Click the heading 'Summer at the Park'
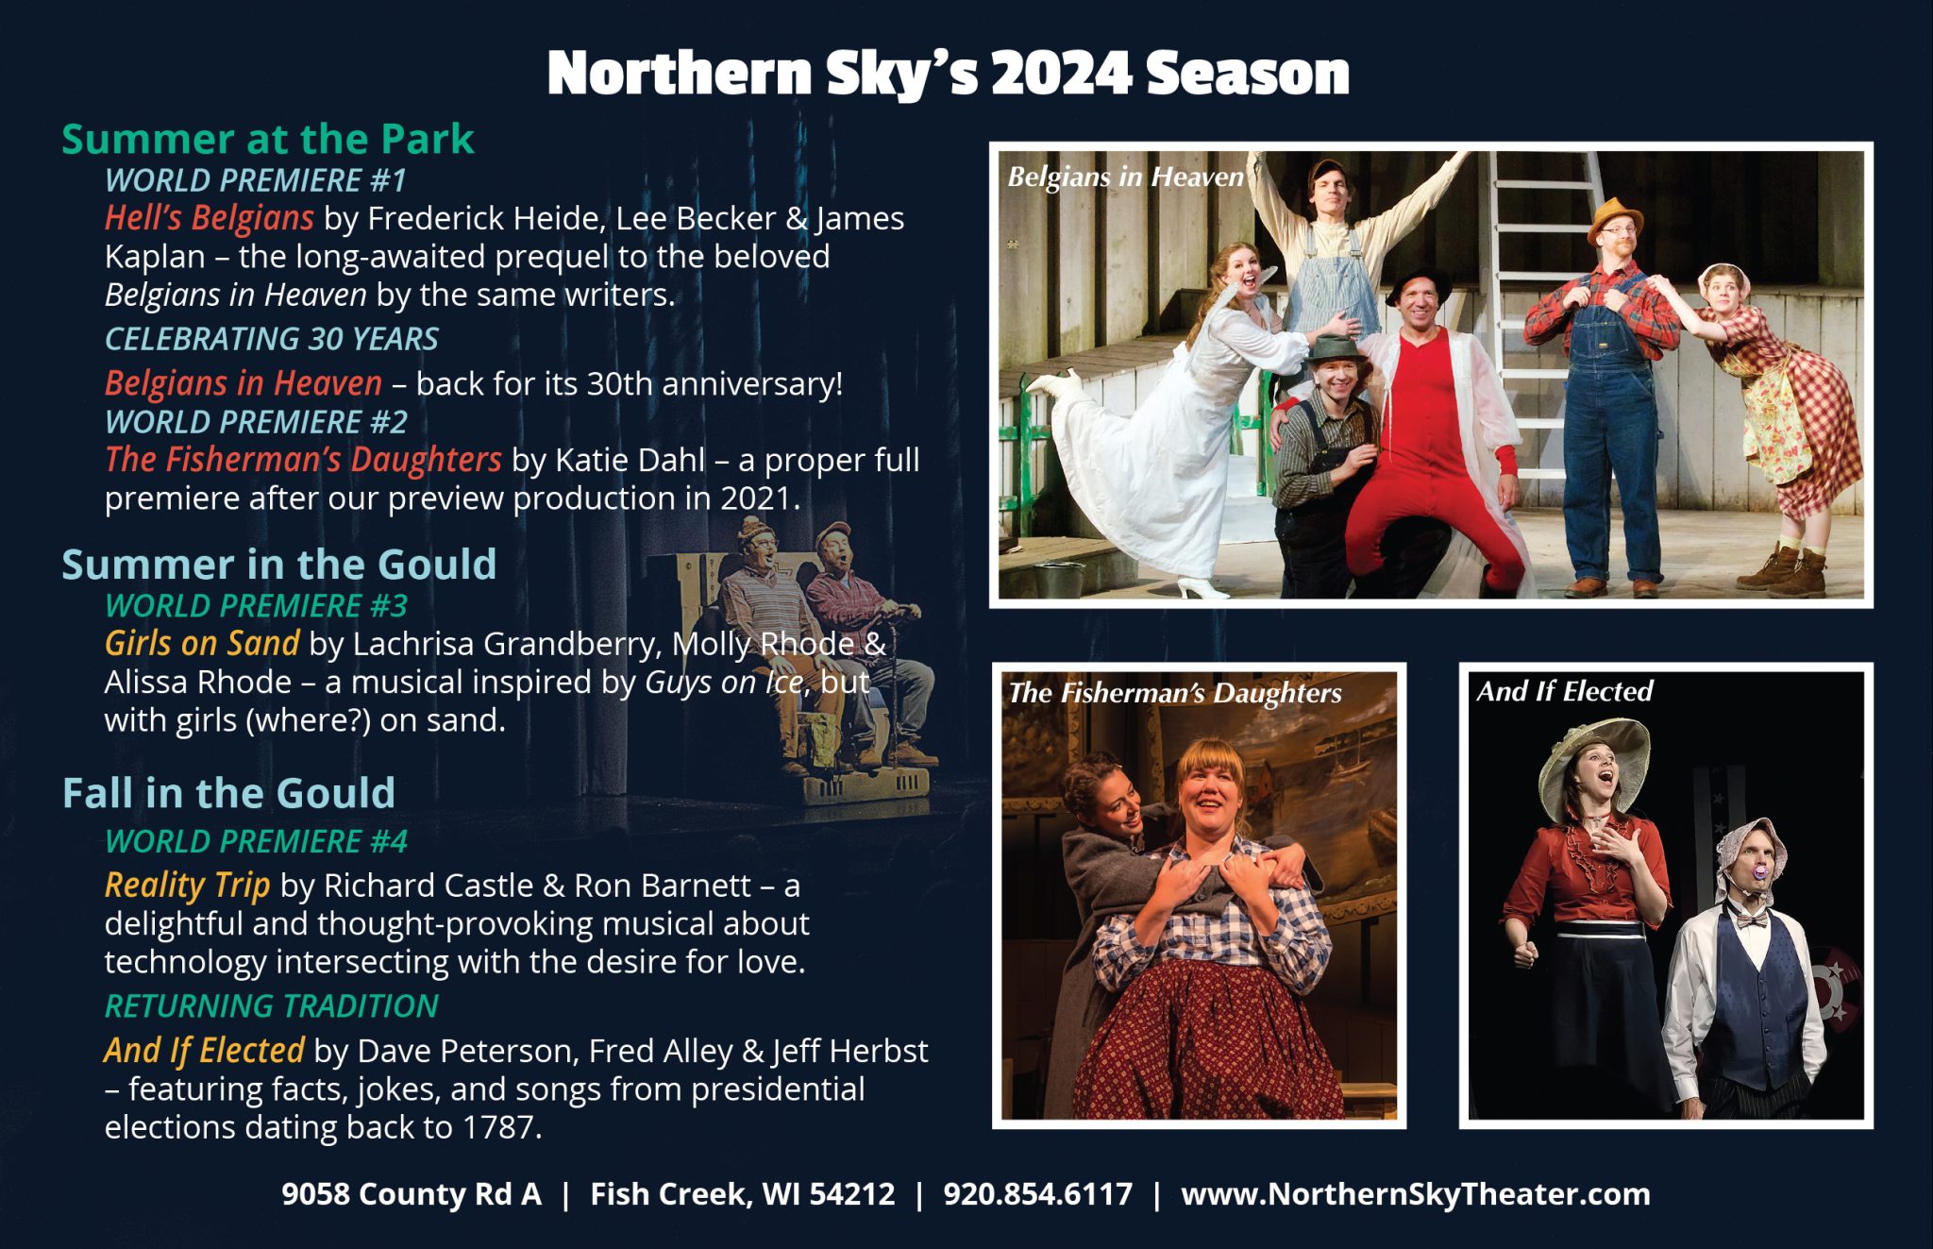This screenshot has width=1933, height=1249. click(x=267, y=140)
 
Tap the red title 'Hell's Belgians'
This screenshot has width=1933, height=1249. click(x=209, y=218)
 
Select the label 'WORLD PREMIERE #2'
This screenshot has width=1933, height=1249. click(x=256, y=422)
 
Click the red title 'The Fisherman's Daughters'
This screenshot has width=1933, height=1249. click(x=302, y=460)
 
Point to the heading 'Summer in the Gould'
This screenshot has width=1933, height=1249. click(x=278, y=565)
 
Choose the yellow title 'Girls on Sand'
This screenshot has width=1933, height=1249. click(x=201, y=643)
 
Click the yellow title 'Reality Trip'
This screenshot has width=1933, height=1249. click(x=187, y=886)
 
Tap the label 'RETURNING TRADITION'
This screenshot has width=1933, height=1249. click(x=271, y=1006)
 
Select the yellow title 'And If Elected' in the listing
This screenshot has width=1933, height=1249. click(x=204, y=1051)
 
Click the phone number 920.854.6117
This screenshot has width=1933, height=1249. click(x=1037, y=1194)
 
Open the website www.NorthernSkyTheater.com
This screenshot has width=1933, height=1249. click(x=1415, y=1194)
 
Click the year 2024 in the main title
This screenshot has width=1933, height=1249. click(x=1061, y=74)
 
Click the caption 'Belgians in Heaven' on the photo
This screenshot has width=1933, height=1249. click(x=1125, y=177)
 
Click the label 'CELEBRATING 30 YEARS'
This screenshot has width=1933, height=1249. click(x=271, y=339)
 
